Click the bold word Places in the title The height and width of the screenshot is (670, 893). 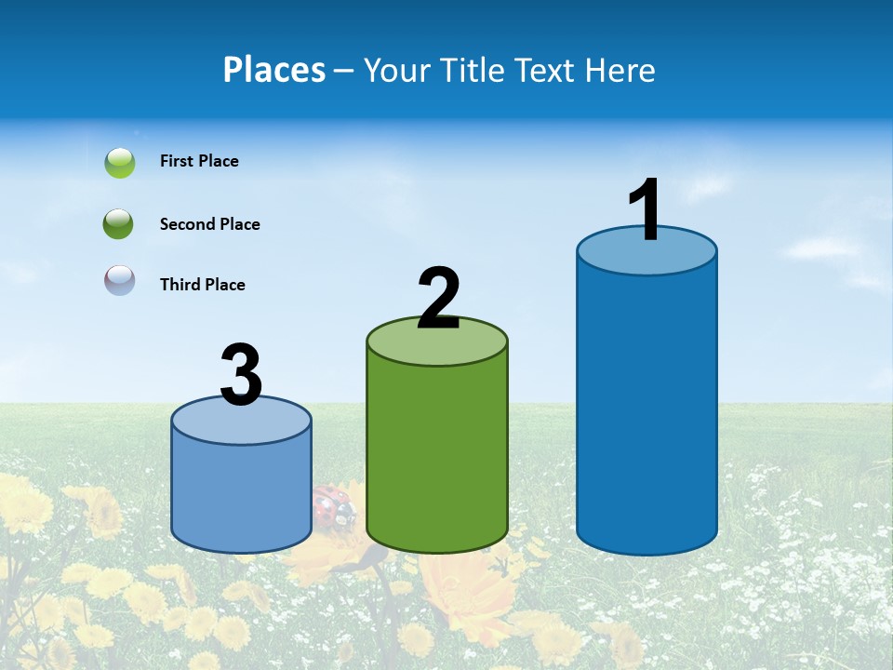(274, 70)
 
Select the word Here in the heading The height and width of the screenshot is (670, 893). (622, 70)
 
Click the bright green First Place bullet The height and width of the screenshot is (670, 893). (120, 163)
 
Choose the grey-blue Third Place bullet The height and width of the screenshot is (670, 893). (120, 280)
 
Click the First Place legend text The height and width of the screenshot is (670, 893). (199, 161)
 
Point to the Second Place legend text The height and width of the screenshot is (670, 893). (209, 224)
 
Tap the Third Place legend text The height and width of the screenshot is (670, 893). (202, 285)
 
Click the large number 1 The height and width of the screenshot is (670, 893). (645, 209)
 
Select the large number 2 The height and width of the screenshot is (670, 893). (438, 298)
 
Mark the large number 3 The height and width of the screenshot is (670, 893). (242, 375)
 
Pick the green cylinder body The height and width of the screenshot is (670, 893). (437, 447)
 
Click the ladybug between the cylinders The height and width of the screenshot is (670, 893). (332, 507)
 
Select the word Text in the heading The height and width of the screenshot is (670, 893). (553, 70)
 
